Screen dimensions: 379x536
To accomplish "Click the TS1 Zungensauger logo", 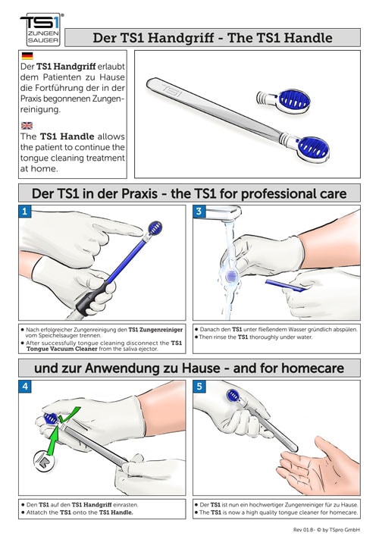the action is [41, 30].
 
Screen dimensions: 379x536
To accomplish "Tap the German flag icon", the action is [27, 55].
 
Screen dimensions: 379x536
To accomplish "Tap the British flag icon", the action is [27, 125].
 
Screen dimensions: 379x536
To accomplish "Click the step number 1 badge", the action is [25, 212].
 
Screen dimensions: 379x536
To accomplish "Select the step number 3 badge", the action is [199, 212].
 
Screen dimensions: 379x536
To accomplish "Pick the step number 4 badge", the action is [25, 387].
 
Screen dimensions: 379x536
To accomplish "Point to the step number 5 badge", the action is [199, 387].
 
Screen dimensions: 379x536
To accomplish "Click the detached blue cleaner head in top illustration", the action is [283, 101].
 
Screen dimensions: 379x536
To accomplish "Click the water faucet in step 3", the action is [223, 213].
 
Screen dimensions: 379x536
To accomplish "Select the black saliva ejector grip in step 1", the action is [89, 299].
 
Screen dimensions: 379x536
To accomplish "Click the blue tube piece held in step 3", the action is [285, 285].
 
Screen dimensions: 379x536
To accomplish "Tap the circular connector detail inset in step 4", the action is [44, 462].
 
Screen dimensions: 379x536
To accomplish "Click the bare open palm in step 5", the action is [318, 465].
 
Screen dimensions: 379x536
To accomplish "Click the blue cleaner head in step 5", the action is [233, 396].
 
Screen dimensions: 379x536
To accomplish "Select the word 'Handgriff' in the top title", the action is [181, 38].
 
